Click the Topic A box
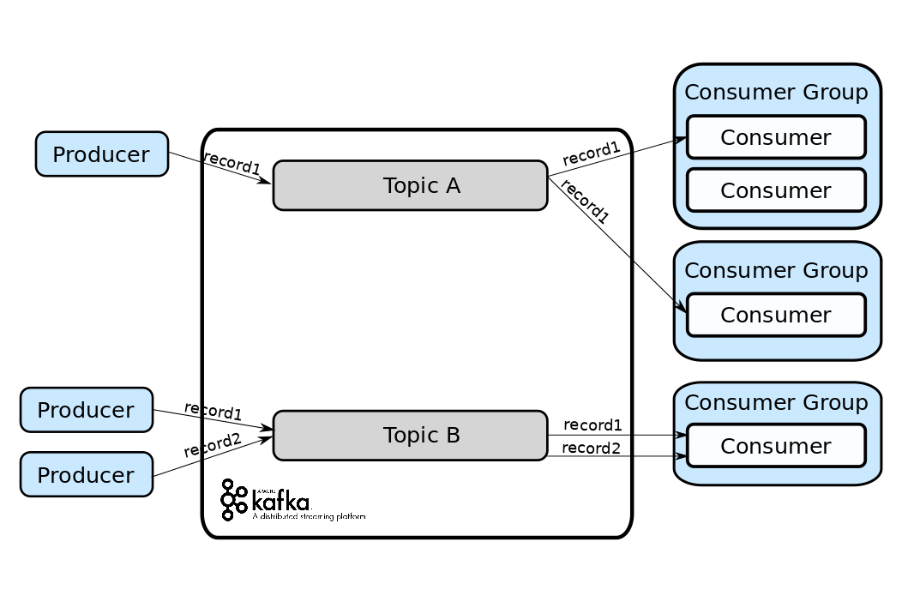click(x=410, y=185)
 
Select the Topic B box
click(x=410, y=436)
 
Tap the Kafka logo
click(x=266, y=500)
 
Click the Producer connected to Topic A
click(x=101, y=154)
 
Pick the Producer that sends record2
click(x=86, y=474)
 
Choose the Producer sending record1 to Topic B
click(x=86, y=410)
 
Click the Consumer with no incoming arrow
click(x=776, y=190)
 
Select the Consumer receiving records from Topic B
click(x=776, y=446)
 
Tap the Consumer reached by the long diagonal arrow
click(x=776, y=315)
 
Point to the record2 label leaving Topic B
click(x=592, y=448)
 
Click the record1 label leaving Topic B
click(x=592, y=425)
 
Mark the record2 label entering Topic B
click(x=212, y=445)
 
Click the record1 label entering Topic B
click(x=213, y=411)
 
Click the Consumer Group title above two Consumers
click(x=776, y=93)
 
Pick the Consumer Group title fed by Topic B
click(x=776, y=402)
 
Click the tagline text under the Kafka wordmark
click(x=309, y=517)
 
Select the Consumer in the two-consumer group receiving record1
click(x=776, y=137)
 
